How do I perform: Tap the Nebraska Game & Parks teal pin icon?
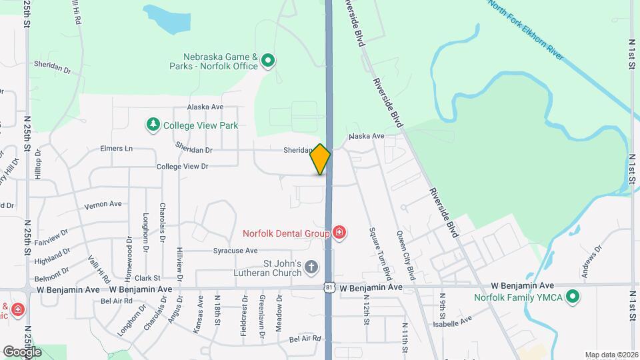coord(268,61)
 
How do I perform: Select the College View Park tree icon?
coord(153,125)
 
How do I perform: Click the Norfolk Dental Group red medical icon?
coord(339,233)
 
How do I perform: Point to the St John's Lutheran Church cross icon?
coord(311,268)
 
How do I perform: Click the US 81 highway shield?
coord(328,287)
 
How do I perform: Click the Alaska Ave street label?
coord(205,107)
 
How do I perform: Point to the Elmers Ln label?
coord(117,148)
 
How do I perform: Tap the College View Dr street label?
coord(182,167)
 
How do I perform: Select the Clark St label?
coord(147,277)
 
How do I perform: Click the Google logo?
coord(22,351)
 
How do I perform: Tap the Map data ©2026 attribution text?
coord(611,355)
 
